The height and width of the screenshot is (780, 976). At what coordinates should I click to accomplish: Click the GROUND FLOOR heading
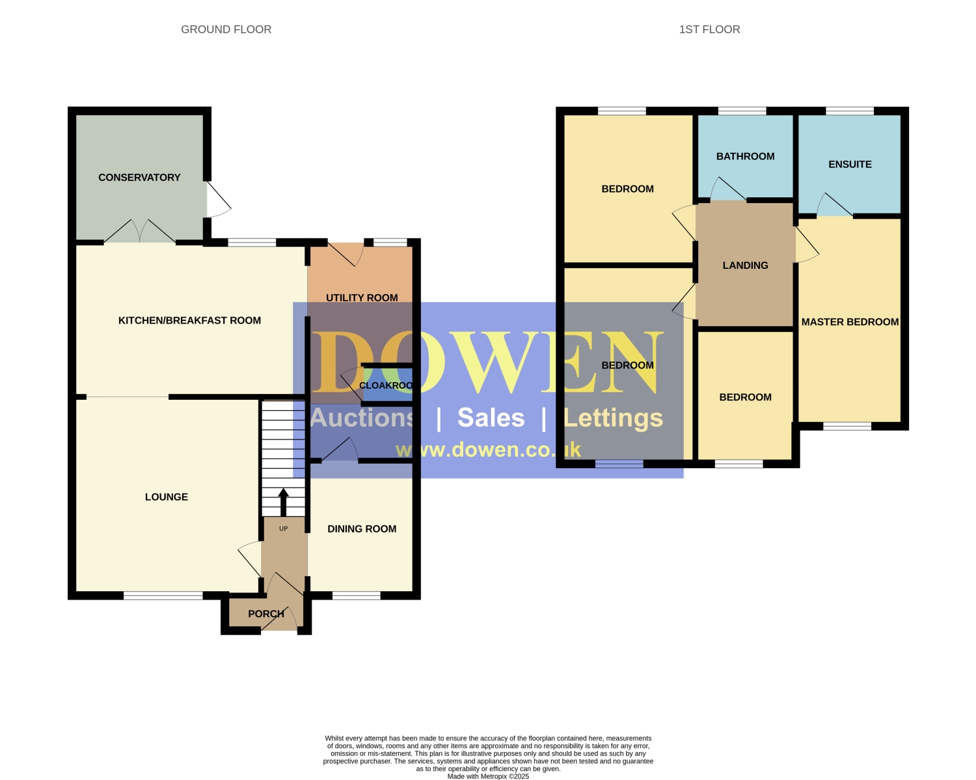(226, 29)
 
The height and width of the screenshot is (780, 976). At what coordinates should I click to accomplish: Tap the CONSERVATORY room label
(139, 177)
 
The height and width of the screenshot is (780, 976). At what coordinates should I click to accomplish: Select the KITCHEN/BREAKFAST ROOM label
(189, 320)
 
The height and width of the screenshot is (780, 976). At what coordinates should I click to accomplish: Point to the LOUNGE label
(167, 497)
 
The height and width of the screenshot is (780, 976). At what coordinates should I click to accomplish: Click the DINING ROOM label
(362, 529)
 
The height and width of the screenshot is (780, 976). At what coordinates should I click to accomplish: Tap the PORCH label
(266, 614)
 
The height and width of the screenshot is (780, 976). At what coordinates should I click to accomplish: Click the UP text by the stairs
(284, 529)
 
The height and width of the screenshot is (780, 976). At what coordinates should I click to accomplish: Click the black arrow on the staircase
(284, 502)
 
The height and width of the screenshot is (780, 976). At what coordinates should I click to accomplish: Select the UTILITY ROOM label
(362, 298)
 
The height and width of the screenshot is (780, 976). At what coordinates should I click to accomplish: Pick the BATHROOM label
(745, 156)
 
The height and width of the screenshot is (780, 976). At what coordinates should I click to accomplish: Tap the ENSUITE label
(850, 164)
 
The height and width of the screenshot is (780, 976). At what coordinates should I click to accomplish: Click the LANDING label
(745, 266)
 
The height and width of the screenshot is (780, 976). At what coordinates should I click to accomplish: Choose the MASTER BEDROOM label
(850, 322)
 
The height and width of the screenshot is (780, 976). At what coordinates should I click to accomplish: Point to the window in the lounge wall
(163, 596)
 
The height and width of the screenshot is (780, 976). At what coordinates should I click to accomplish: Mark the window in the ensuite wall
(850, 111)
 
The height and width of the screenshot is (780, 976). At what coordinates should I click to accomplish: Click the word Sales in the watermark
(491, 417)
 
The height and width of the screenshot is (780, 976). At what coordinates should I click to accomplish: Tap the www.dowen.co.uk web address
(488, 450)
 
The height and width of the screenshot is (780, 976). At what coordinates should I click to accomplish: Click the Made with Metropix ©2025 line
(488, 776)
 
